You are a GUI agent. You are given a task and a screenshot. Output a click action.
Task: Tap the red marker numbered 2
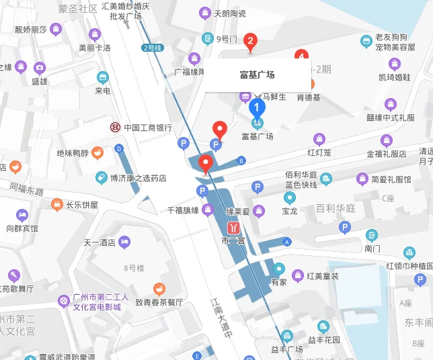251,42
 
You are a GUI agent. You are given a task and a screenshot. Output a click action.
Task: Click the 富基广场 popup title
257,75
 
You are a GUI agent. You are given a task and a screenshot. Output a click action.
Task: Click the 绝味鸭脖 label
73,153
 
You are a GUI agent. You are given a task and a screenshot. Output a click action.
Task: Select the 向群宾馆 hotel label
22,228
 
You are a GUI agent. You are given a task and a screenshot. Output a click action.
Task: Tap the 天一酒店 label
100,242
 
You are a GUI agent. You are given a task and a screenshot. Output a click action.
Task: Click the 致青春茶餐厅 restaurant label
159,302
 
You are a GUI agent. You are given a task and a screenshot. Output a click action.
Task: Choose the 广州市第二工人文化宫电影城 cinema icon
63,300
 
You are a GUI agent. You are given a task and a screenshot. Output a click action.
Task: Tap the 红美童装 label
322,276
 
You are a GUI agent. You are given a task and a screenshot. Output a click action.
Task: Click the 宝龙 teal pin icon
290,197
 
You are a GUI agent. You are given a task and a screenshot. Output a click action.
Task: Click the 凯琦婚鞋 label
394,77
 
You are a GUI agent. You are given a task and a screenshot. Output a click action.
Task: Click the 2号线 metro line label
153,48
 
